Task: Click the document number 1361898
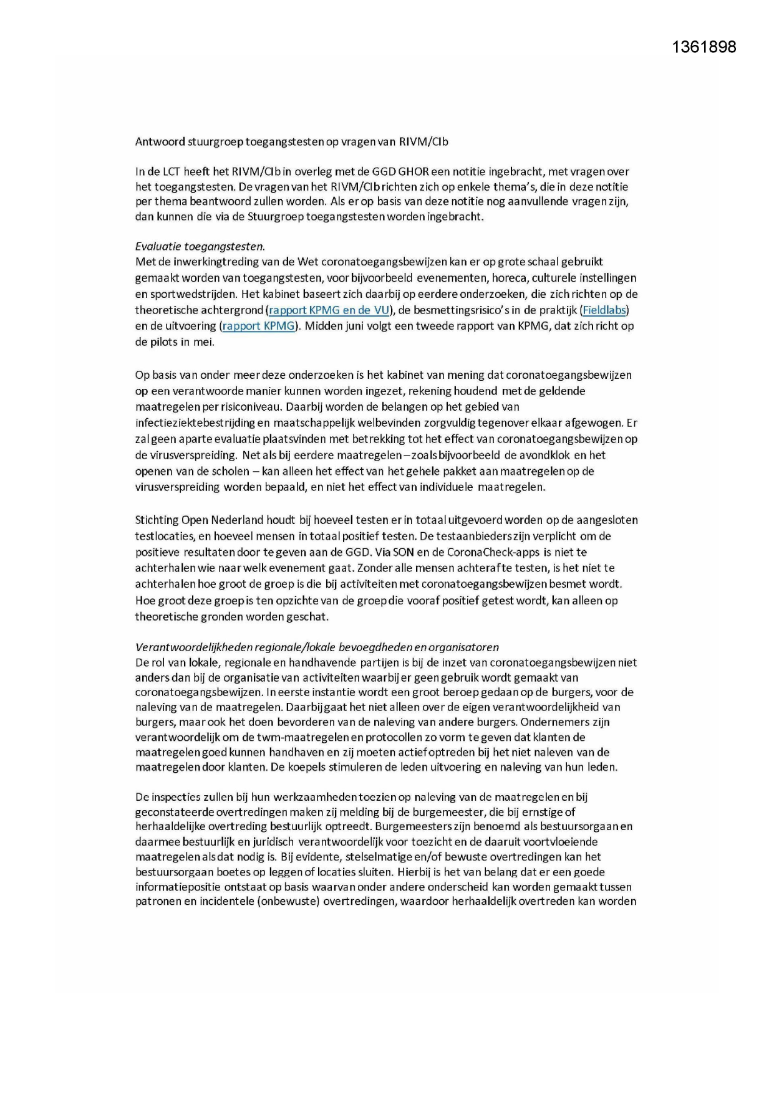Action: click(x=704, y=47)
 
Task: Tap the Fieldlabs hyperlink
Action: click(x=604, y=310)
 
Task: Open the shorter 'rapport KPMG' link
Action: click(x=258, y=326)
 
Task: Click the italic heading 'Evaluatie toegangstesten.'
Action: click(x=200, y=246)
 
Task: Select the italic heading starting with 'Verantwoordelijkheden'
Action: click(x=317, y=647)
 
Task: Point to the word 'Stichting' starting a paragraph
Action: click(x=156, y=520)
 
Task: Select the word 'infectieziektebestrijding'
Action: click(x=194, y=423)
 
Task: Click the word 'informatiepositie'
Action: click(x=176, y=887)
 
